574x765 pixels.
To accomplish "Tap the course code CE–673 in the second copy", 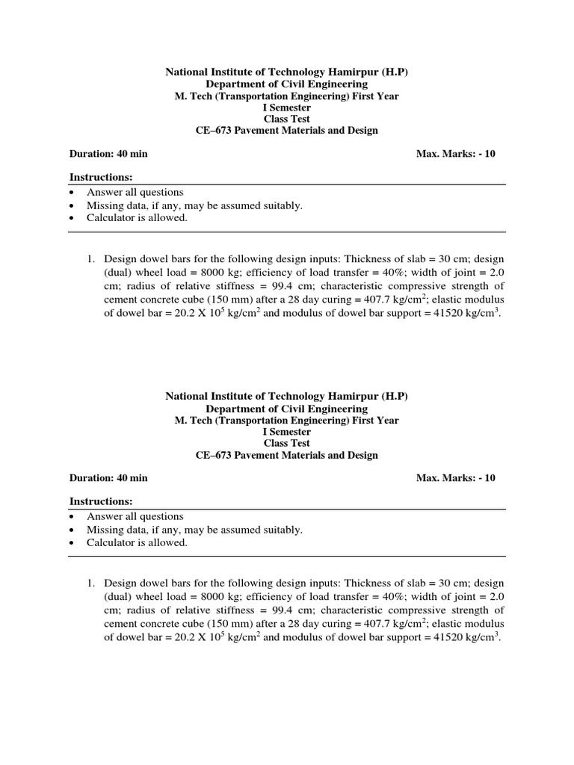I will (214, 455).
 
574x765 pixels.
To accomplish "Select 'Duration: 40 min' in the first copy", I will (108, 154).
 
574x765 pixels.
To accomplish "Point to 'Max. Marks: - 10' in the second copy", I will (455, 478).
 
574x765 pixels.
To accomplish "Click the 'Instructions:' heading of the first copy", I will (101, 177).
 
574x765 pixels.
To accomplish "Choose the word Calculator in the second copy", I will (113, 543).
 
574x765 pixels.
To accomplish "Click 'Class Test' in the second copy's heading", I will (286, 443).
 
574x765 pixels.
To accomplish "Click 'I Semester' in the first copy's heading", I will (286, 107).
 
